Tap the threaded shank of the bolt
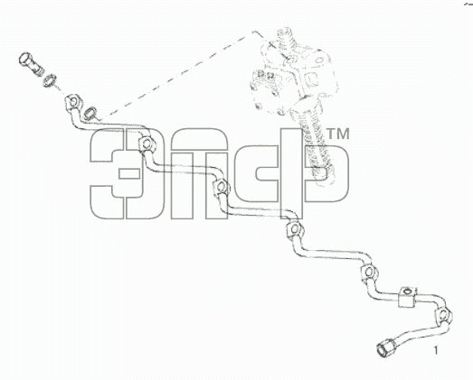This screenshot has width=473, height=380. coord(37,70)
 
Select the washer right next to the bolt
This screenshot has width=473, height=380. coord(49,79)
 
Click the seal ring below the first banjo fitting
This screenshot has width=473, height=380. coord(90,113)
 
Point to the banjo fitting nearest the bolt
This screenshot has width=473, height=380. coord(73,102)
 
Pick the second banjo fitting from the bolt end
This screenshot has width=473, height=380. coord(147,144)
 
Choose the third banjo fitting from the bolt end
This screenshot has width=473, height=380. coord(221,187)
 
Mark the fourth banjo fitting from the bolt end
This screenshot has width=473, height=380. coord(295,230)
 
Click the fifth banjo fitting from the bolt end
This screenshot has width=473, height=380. coord(369,272)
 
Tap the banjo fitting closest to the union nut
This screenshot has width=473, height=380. coord(443,315)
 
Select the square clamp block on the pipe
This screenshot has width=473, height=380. coord(407,297)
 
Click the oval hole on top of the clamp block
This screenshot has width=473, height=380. coord(407,292)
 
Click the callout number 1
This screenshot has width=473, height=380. coord(436,350)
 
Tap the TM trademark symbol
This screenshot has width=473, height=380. coord(338,134)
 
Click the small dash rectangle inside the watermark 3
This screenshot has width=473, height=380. coord(129,174)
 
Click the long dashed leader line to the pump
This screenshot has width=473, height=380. coord(177,74)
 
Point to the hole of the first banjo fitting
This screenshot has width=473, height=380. coord(73,102)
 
